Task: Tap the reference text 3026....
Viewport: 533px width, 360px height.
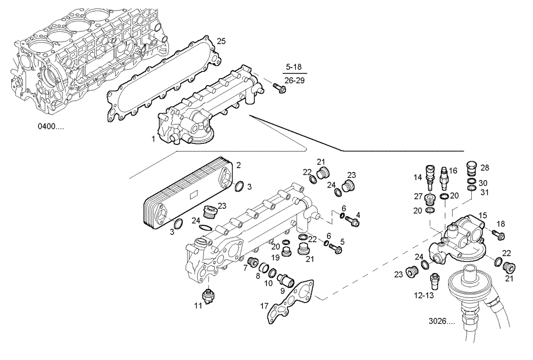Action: click(x=440, y=322)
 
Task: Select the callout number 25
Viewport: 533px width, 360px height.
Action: click(x=221, y=41)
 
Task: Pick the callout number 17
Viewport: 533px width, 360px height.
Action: click(x=264, y=306)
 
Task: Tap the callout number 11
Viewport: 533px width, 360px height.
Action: click(x=198, y=305)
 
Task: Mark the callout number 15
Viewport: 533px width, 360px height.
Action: click(x=482, y=215)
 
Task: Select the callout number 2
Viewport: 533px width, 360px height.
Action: click(x=239, y=166)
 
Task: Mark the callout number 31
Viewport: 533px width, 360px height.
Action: click(x=484, y=192)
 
